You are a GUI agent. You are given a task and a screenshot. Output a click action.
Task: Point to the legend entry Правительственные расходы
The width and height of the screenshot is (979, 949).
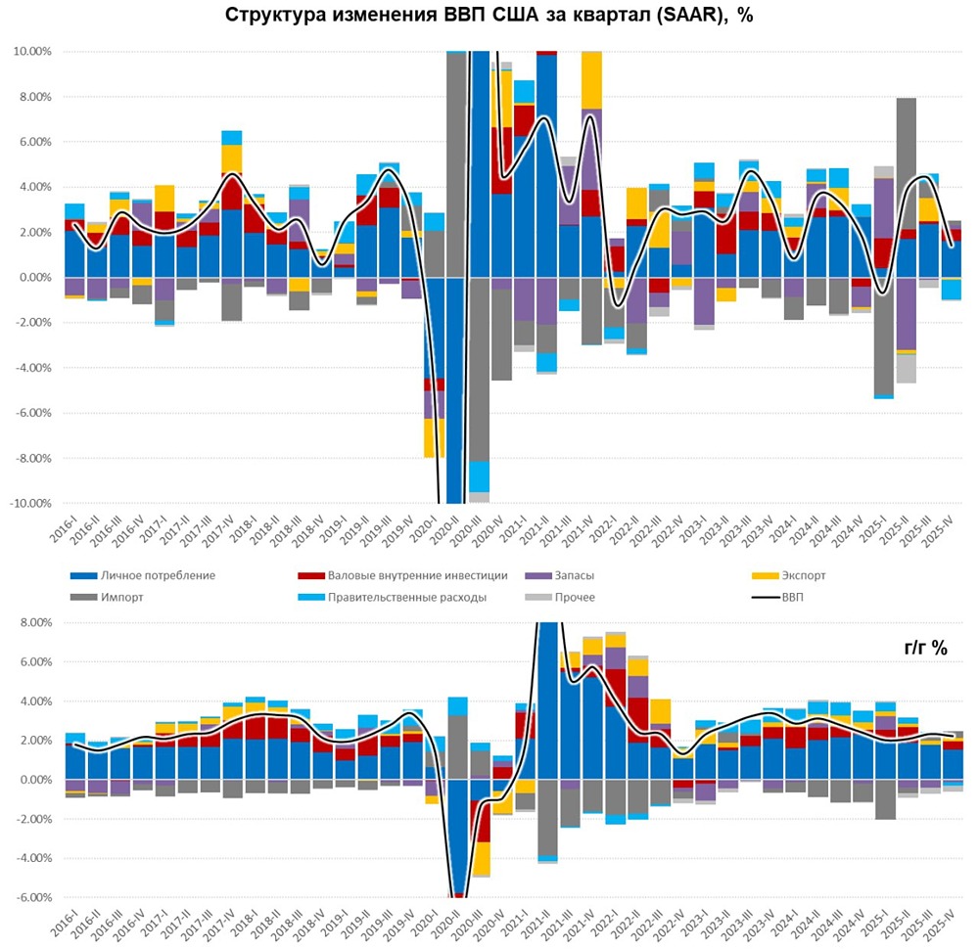click(x=400, y=597)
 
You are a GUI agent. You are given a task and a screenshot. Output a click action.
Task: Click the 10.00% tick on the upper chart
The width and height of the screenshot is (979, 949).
click(x=31, y=51)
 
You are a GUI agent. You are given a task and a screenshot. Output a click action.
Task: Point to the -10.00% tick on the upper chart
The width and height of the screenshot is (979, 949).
click(x=29, y=504)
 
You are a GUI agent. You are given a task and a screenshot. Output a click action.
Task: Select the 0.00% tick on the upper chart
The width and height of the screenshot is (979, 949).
click(x=34, y=278)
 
